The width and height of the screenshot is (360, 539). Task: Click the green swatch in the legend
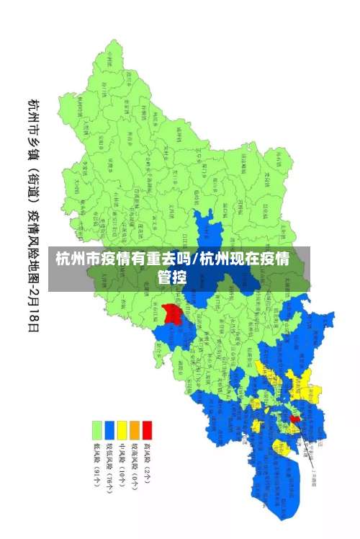tap(96, 429)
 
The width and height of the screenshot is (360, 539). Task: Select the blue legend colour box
tap(109, 429)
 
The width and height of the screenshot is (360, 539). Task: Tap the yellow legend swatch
tap(122, 429)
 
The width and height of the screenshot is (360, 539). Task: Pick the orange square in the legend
tap(135, 429)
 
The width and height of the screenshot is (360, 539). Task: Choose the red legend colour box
tap(148, 429)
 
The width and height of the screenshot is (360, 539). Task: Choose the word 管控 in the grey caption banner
tap(173, 277)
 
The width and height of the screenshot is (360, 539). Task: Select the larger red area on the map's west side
tap(171, 313)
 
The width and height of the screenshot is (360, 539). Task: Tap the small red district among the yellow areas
tap(294, 419)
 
